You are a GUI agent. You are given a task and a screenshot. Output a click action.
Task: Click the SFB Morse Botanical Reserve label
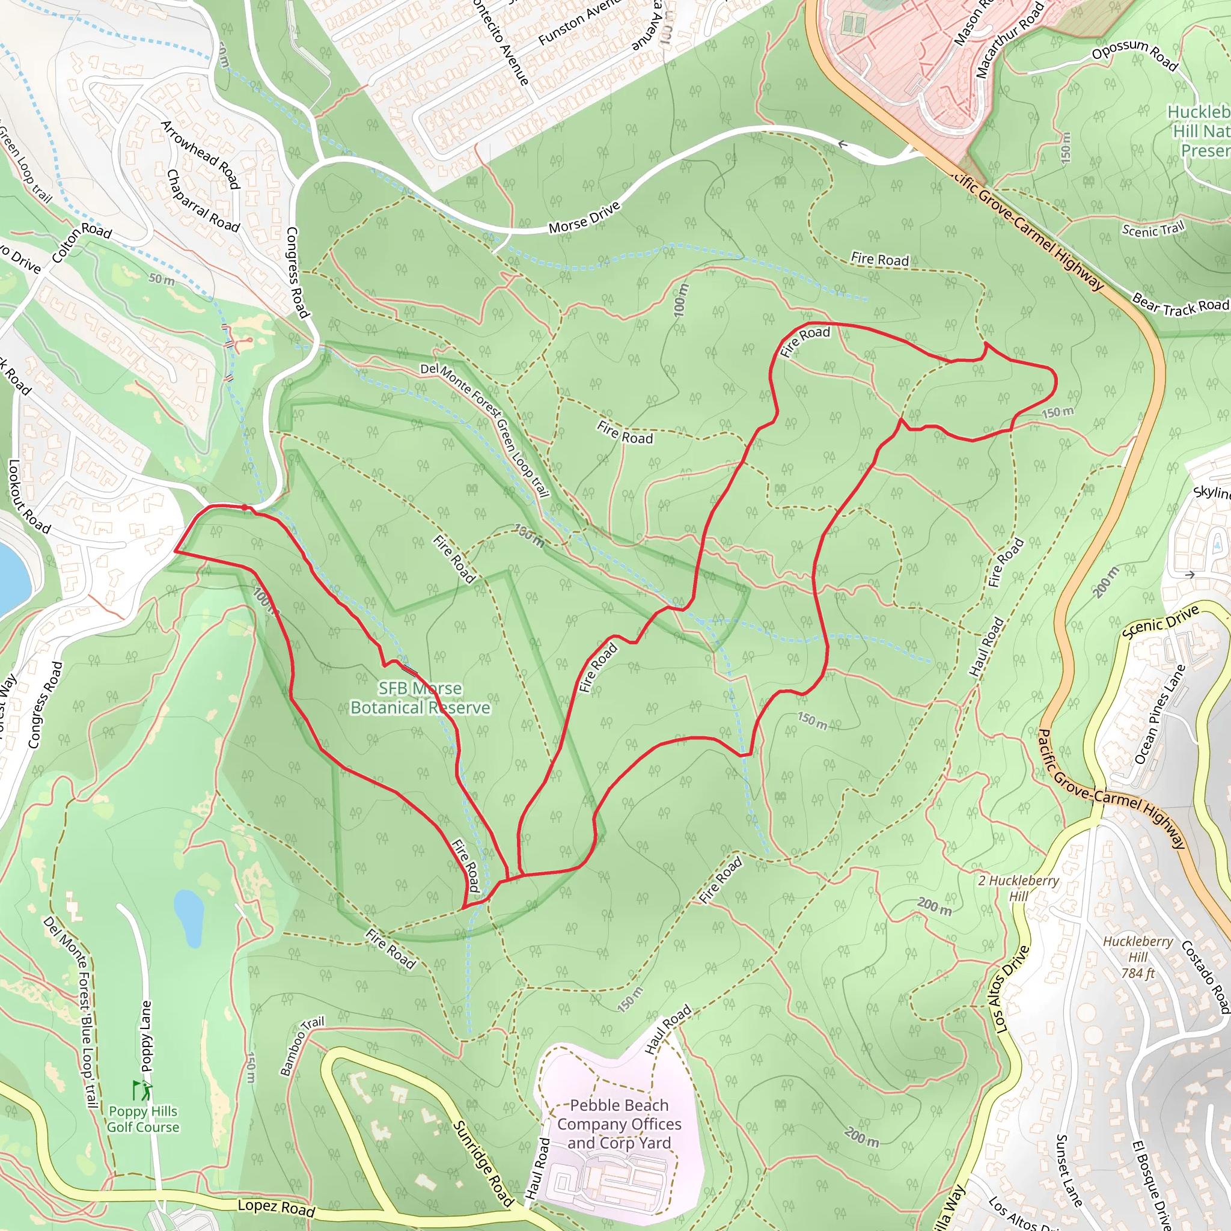[x=420, y=698]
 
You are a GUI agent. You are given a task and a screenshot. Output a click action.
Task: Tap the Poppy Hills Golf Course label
[x=142, y=1119]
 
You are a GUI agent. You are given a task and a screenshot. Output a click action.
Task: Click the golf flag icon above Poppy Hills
[x=142, y=1090]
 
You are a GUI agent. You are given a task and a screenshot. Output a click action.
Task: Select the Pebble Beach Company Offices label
[x=619, y=1124]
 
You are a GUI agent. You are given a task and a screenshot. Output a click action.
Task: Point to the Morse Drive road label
[x=584, y=217]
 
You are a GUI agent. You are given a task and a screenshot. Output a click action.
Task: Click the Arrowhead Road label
[x=200, y=155]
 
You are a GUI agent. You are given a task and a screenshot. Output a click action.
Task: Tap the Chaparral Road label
[x=203, y=201]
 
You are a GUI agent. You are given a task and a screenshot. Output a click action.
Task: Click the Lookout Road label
[x=28, y=496]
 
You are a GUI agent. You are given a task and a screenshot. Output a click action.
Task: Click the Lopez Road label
[x=276, y=1207]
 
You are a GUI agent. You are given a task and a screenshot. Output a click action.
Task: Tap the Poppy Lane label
[x=146, y=1036]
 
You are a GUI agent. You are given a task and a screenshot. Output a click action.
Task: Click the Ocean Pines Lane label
[x=1159, y=714]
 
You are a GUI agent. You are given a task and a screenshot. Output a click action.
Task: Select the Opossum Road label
[x=1135, y=54]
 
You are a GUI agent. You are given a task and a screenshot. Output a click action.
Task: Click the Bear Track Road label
[x=1180, y=306]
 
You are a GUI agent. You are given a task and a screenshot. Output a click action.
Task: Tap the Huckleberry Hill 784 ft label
[x=1138, y=957]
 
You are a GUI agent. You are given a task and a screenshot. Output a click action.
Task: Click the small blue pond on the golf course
[x=189, y=917]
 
